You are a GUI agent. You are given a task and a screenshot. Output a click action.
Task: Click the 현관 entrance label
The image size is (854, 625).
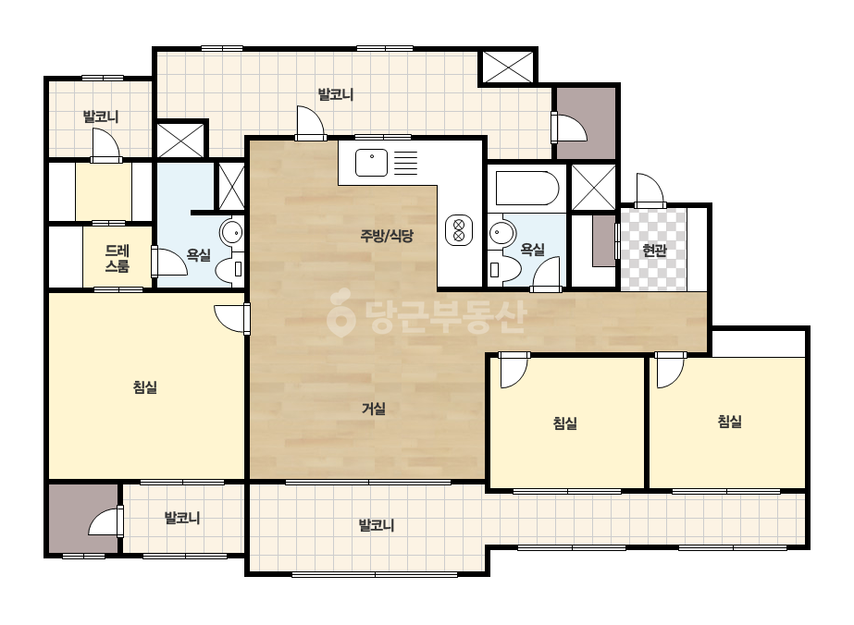(x=654, y=251)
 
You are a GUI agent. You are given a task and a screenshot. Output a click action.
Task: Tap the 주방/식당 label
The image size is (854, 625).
(x=387, y=236)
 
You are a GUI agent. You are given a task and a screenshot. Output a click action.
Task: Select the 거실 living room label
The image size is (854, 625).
(x=374, y=409)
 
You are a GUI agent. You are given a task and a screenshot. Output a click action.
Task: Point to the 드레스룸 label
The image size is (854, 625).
(x=118, y=259)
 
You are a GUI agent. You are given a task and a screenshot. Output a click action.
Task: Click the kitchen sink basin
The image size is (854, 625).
(x=371, y=162)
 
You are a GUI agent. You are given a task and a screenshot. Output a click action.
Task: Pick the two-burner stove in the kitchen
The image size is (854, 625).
(x=459, y=230)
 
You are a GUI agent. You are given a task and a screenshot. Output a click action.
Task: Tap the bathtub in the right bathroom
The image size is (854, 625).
(x=526, y=189)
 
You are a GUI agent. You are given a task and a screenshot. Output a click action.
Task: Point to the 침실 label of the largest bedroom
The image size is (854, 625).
(x=145, y=387)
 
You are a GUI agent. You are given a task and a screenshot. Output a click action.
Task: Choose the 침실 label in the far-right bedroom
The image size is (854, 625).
(x=729, y=421)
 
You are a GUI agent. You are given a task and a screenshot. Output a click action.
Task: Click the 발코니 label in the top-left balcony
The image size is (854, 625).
(x=101, y=116)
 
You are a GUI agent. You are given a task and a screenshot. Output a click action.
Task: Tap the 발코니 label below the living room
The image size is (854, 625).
(x=376, y=525)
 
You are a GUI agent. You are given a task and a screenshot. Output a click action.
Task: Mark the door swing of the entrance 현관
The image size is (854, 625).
(x=650, y=190)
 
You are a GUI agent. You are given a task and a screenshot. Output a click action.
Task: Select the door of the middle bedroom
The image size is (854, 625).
(x=514, y=370)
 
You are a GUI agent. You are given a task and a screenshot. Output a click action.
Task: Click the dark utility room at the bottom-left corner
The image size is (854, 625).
(x=83, y=518)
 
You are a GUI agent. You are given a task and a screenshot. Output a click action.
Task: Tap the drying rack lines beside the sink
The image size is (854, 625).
(x=405, y=163)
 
